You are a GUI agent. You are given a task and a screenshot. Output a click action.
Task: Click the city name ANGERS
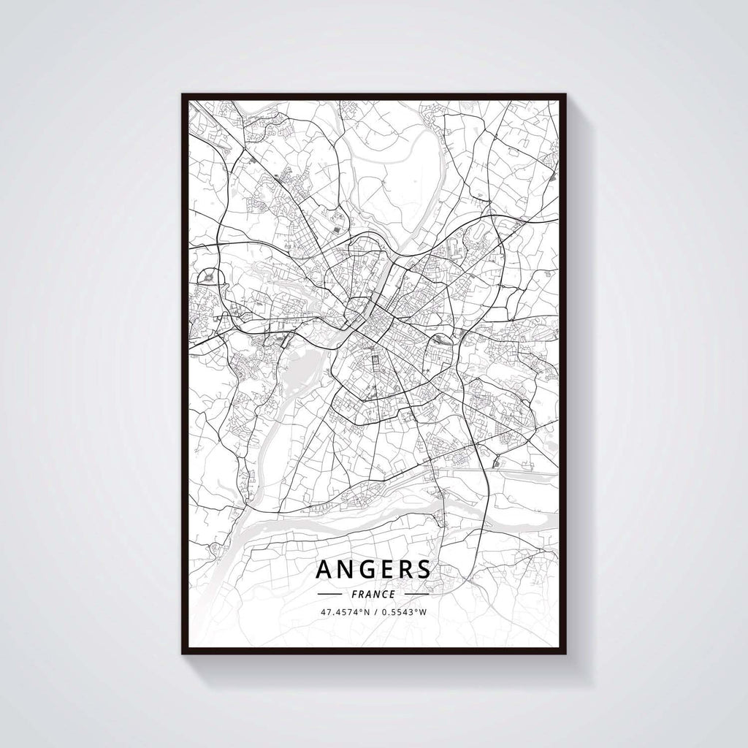click(x=373, y=570)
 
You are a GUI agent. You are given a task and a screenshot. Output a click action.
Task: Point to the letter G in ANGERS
click(x=365, y=570)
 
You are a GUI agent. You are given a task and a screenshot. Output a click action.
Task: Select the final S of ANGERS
click(x=422, y=570)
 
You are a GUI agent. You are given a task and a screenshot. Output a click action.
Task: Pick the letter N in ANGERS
click(x=345, y=570)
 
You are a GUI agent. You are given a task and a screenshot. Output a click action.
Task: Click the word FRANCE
click(x=373, y=594)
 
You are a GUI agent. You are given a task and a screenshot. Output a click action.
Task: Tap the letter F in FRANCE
click(x=354, y=594)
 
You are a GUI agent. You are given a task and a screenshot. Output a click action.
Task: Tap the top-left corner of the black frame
click(x=183, y=95)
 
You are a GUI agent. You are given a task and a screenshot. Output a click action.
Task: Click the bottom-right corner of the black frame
click(x=565, y=652)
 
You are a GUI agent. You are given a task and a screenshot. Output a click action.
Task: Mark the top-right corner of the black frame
click(x=565, y=95)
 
